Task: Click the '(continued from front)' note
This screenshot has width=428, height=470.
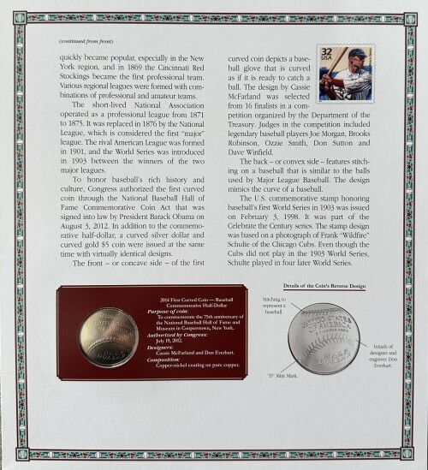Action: coord(84,43)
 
